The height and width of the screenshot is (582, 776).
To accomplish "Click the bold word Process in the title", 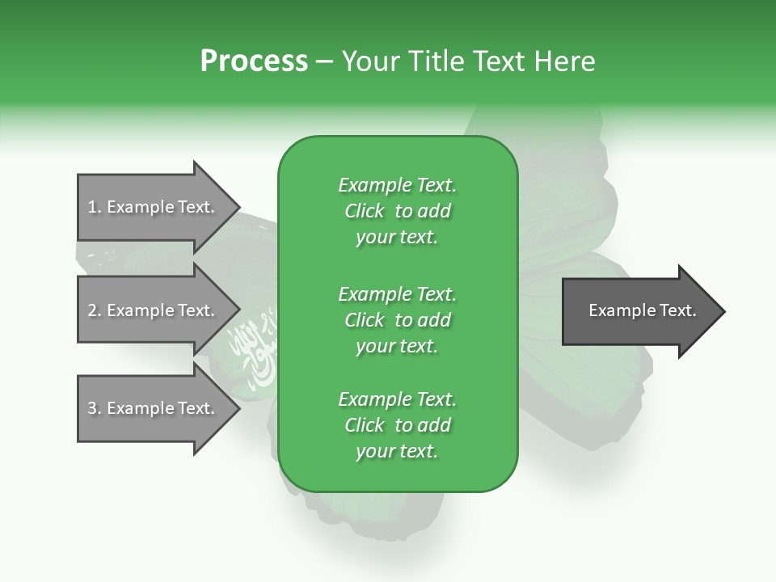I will [x=254, y=61].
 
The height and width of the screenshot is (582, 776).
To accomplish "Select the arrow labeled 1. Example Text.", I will [x=154, y=207].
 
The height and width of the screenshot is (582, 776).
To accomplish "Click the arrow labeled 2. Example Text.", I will [x=154, y=310].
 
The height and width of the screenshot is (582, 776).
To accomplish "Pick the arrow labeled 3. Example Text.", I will [x=154, y=408].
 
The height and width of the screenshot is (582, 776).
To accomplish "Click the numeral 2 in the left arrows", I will [x=92, y=310].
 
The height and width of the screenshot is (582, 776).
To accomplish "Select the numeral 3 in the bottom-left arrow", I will [x=92, y=408].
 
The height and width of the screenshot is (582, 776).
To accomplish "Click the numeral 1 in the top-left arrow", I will [x=91, y=207].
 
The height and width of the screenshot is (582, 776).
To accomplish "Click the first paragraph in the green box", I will [x=397, y=211].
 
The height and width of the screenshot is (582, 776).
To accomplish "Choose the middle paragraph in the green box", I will [x=397, y=320].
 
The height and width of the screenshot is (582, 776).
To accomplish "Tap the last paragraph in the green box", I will [x=397, y=425].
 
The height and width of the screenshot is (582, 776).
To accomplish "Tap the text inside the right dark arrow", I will [x=642, y=310].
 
